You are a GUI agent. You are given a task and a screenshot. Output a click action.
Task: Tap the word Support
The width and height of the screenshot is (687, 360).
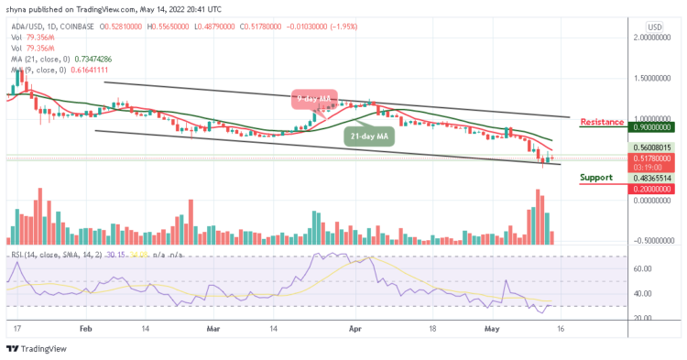(x=596, y=178)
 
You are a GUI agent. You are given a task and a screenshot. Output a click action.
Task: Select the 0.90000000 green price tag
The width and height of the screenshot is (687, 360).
(x=651, y=129)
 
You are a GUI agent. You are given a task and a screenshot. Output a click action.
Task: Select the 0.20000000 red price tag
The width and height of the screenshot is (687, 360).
(x=651, y=188)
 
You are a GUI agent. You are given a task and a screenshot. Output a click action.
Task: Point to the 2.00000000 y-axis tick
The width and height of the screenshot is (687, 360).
(x=651, y=38)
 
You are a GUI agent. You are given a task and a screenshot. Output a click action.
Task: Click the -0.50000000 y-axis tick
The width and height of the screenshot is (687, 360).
(x=651, y=240)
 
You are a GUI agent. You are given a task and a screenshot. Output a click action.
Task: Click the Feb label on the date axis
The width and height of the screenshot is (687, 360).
(x=84, y=326)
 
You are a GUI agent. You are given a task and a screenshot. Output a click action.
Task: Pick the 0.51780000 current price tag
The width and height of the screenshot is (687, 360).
(x=651, y=158)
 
